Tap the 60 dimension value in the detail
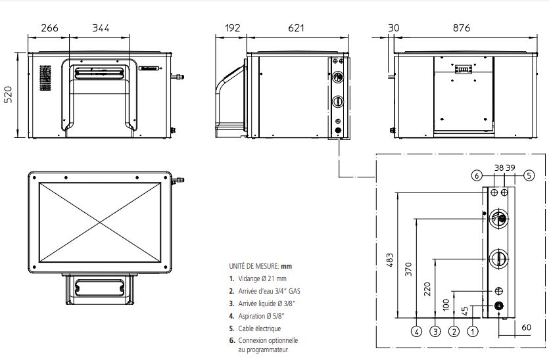click(x=525, y=326)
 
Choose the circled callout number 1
click(x=472, y=332)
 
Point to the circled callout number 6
click(x=476, y=175)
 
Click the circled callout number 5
click(x=529, y=175)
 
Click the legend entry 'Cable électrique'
click(x=254, y=328)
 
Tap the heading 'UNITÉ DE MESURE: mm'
click(x=259, y=267)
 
